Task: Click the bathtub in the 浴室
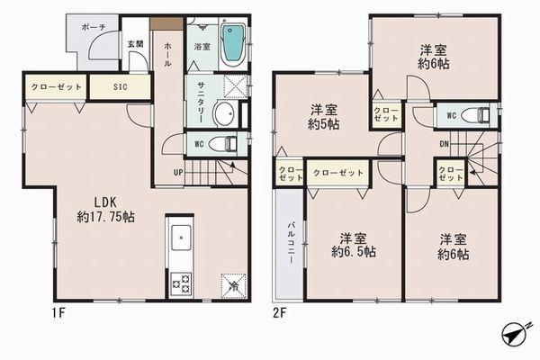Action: [232, 42]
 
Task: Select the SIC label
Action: [120, 87]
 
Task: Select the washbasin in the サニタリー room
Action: [224, 113]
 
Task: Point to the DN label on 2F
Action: [444, 143]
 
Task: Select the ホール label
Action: [168, 51]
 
